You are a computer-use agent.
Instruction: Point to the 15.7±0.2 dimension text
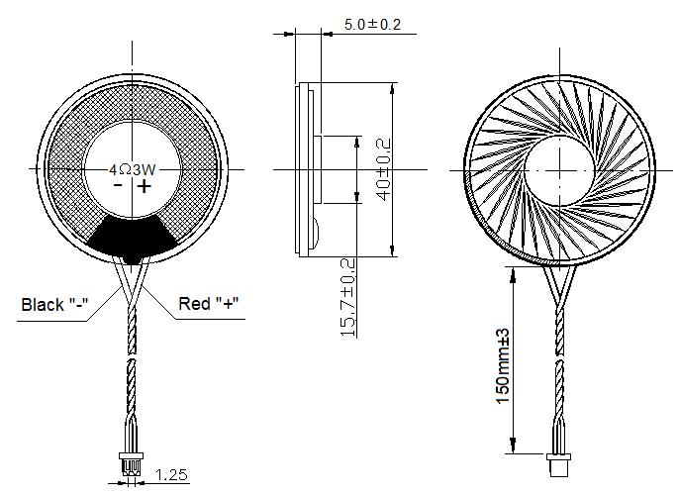(347, 298)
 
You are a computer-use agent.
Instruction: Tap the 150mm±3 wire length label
(503, 365)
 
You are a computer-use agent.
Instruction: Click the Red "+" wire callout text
(210, 303)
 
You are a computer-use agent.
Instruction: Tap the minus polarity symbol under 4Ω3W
(117, 186)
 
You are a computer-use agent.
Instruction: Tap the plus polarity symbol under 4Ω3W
(145, 186)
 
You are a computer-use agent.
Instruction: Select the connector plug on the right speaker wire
(558, 461)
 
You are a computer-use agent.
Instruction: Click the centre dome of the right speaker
(559, 169)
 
